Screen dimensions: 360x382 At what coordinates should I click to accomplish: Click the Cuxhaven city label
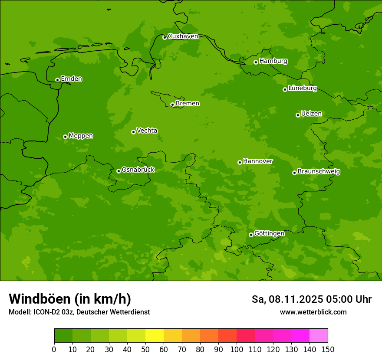(183, 36)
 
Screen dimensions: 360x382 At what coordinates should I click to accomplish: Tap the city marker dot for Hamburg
(256, 62)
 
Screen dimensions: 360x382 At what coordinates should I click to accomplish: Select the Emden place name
(71, 79)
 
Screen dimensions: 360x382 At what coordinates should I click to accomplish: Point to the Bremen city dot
(172, 105)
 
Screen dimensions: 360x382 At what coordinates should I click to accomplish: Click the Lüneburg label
(302, 88)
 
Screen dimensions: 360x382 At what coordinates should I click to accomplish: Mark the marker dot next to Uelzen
(298, 115)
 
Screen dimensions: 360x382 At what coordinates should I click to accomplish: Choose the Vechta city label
(147, 131)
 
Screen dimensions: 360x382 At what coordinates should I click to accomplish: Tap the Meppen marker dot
(65, 137)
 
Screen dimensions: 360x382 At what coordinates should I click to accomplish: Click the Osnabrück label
(138, 170)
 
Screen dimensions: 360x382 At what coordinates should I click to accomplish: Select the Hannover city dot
(240, 162)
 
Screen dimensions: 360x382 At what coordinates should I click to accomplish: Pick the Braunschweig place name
(319, 172)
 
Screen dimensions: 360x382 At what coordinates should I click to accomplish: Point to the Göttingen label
(269, 233)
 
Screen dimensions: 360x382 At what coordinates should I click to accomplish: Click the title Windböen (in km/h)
(69, 299)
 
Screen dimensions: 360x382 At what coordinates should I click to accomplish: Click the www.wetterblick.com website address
(313, 312)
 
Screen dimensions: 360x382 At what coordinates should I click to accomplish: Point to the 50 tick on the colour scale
(145, 349)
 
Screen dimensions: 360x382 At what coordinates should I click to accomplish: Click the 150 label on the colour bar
(328, 349)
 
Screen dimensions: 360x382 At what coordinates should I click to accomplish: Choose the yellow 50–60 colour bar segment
(155, 336)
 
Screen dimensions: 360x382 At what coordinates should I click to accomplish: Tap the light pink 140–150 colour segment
(319, 336)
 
